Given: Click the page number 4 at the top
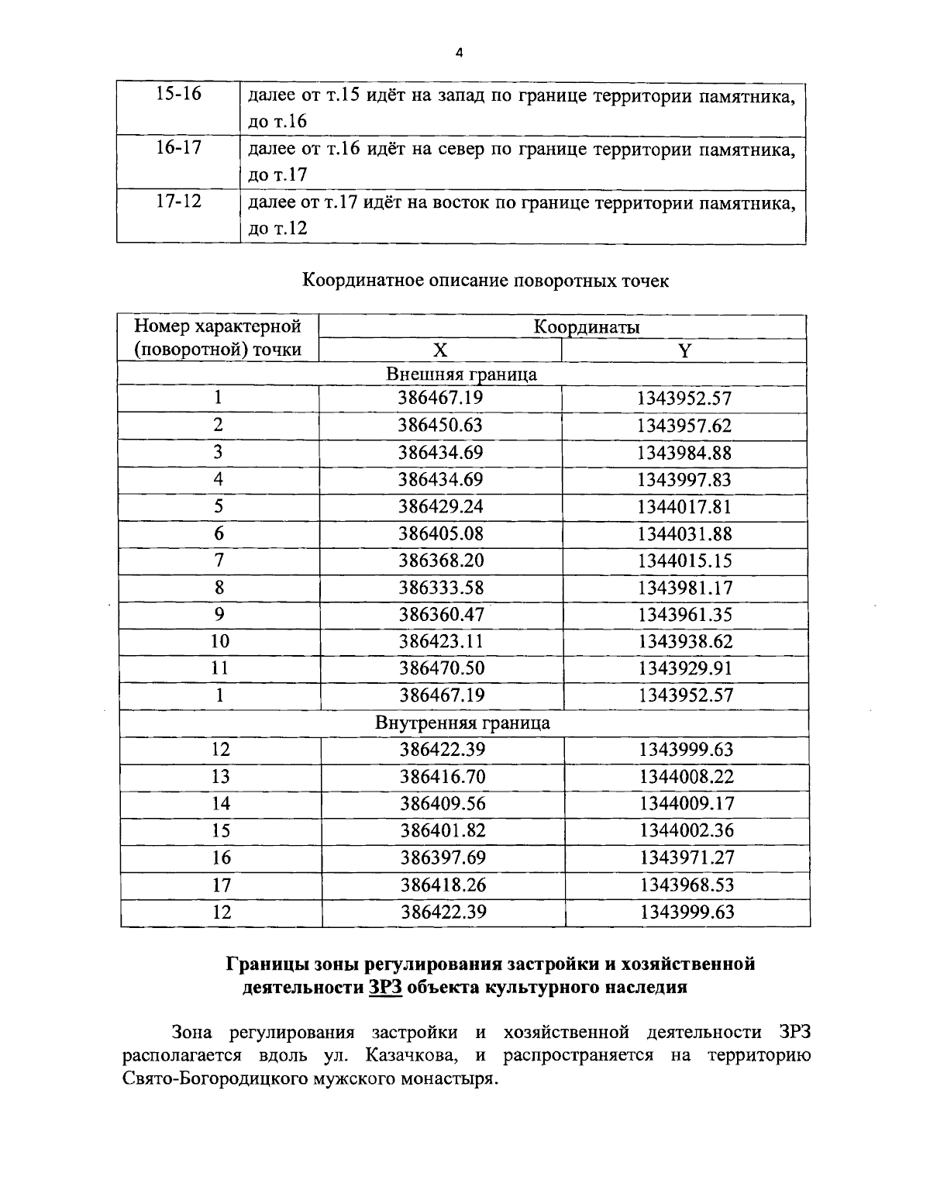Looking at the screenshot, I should (459, 53).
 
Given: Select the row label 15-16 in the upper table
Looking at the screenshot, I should (178, 94).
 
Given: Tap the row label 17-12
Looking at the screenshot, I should (178, 202).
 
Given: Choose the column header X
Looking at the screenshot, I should (439, 350).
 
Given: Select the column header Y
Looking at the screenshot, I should (684, 350).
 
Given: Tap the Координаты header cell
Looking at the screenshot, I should (586, 326).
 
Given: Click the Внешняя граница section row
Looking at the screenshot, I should (462, 374).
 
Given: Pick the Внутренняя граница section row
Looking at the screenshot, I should (463, 723).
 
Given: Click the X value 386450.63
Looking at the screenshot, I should (440, 425).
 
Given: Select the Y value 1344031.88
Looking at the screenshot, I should (684, 533).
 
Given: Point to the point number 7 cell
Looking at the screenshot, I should (219, 561).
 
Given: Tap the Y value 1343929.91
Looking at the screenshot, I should (684, 668).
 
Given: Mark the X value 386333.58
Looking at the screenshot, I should (440, 588).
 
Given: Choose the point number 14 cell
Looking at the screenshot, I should (221, 804).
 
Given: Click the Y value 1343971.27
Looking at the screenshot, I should (687, 857).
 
